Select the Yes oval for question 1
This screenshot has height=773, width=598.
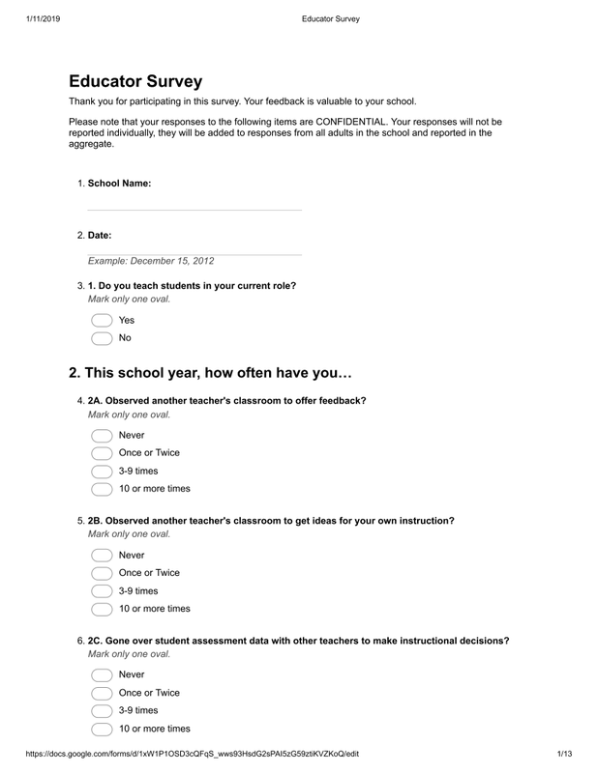[x=102, y=320]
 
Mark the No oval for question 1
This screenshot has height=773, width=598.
[x=102, y=338]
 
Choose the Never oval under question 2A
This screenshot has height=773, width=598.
[x=102, y=435]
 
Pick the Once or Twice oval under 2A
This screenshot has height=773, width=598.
[x=102, y=453]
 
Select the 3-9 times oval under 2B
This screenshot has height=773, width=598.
[x=102, y=591]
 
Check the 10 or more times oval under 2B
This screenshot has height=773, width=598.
[x=102, y=610]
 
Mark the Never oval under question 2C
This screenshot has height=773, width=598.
[x=102, y=674]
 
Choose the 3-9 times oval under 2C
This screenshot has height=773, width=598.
[x=102, y=711]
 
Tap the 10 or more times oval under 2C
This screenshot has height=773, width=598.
[x=102, y=730]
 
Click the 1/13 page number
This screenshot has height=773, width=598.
[x=566, y=755]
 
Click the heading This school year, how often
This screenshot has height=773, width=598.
[x=210, y=373]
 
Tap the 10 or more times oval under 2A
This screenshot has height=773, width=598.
[x=102, y=490]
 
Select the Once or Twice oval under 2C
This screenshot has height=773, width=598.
[x=102, y=693]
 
